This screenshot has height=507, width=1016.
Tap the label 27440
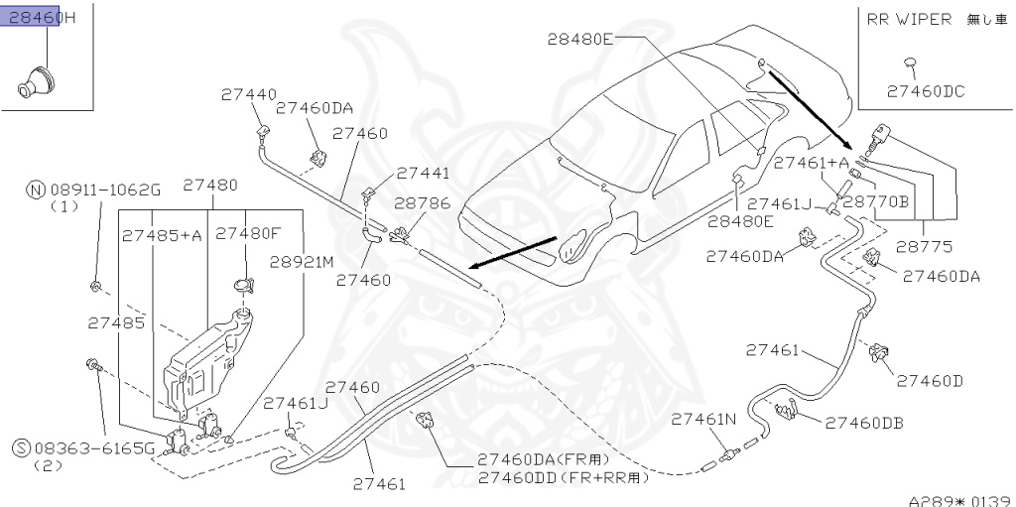click(x=248, y=95)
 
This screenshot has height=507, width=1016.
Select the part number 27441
click(x=423, y=173)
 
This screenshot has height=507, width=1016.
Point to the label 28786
click(x=422, y=202)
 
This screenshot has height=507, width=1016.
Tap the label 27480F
click(x=248, y=235)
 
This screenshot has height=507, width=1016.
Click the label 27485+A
click(x=163, y=235)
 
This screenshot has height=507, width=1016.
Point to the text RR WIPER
click(x=910, y=19)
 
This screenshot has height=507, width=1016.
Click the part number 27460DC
click(x=925, y=91)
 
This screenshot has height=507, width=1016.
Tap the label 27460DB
click(x=864, y=423)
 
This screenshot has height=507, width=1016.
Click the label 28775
click(x=923, y=244)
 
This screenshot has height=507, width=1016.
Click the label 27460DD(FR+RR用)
click(x=563, y=477)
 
